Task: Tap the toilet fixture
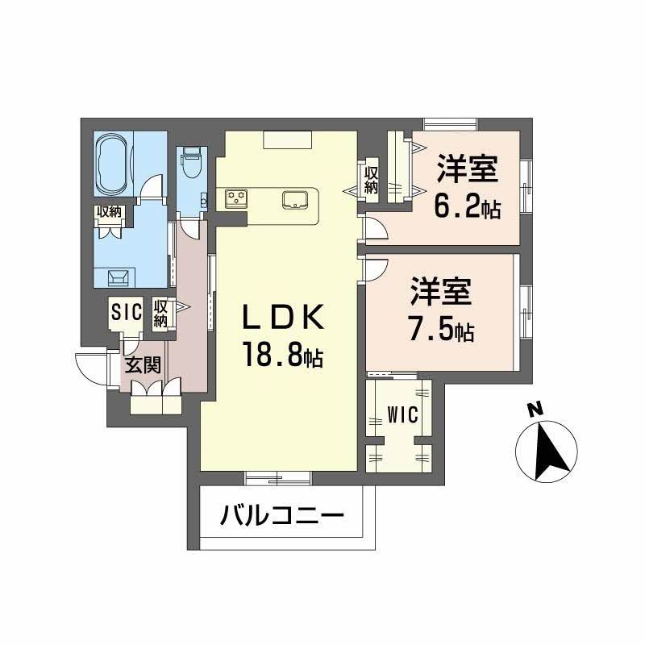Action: [191, 164]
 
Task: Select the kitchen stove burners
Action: [236, 197]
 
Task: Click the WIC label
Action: [402, 415]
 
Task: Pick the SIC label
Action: [127, 311]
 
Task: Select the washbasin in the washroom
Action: [118, 277]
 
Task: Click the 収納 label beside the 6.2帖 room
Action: [371, 179]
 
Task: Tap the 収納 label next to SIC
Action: [161, 312]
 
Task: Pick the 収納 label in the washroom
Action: [109, 212]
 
